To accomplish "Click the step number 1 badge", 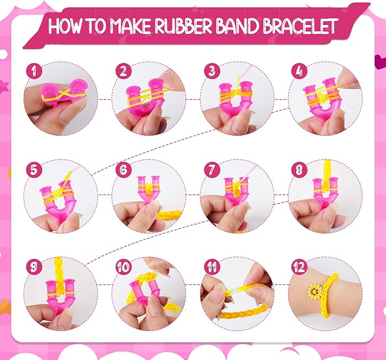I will point(34,71).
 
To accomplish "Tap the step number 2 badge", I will point(122,71).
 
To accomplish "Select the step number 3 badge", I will point(210,71).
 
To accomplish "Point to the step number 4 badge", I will point(298,71).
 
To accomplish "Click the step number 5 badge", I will point(34,169).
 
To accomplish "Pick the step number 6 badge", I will point(122,169).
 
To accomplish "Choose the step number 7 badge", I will point(210,169).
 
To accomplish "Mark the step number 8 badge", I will point(298,169).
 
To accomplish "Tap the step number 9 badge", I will point(34,266).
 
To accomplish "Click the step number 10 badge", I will point(122,266).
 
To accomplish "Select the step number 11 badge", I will point(210,266).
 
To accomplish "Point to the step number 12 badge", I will point(298,266).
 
